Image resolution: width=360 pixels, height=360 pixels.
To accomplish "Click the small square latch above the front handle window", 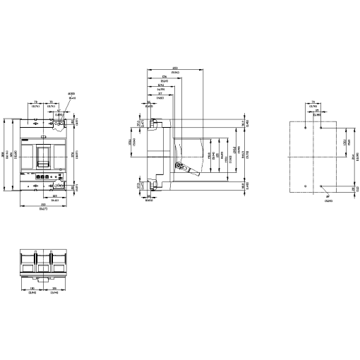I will pos(44,135).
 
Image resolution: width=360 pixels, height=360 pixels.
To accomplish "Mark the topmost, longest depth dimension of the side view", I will pos(176,70).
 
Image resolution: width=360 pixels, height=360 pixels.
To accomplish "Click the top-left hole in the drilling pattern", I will pos(305,129).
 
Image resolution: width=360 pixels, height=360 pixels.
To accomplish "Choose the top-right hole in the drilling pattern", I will pos(321,129).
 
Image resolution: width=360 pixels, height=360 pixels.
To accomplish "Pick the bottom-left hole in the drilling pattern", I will pos(305,186).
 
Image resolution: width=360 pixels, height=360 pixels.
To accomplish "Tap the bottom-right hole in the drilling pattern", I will pos(321,186).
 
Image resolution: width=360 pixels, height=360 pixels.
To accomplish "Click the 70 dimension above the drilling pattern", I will pos(313,104).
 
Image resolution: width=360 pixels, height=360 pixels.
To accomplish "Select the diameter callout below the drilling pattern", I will pos(328,200).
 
